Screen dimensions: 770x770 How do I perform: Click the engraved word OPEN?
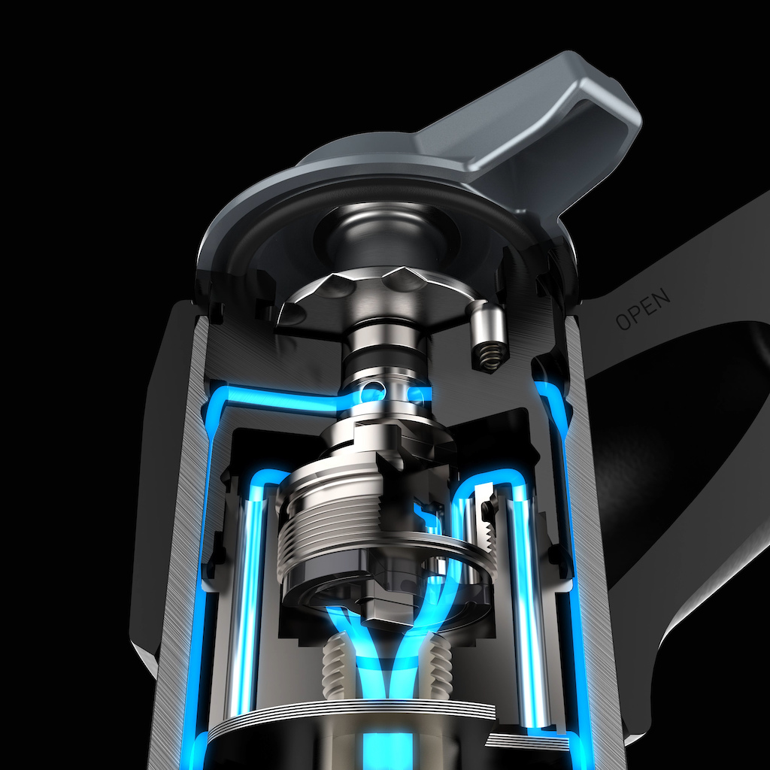[644, 308]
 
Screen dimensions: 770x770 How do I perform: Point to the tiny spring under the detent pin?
[488, 356]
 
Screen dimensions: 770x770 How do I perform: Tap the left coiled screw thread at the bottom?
[335, 667]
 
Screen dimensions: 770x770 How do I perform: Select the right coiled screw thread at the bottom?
[438, 667]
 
